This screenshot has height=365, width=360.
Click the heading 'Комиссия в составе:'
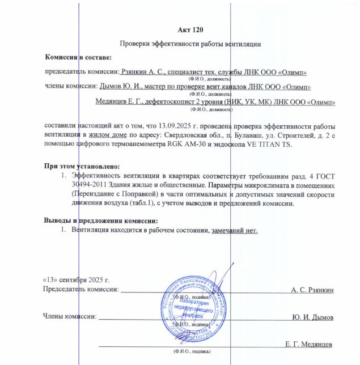pyautogui.click(x=79, y=57)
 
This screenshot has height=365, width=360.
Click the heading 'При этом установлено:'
pyautogui.click(x=82, y=167)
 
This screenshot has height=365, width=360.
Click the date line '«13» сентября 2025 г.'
pyautogui.click(x=77, y=281)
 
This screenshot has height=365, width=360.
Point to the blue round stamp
pyautogui.click(x=193, y=311)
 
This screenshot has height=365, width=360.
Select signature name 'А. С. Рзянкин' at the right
pyautogui.click(x=312, y=290)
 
